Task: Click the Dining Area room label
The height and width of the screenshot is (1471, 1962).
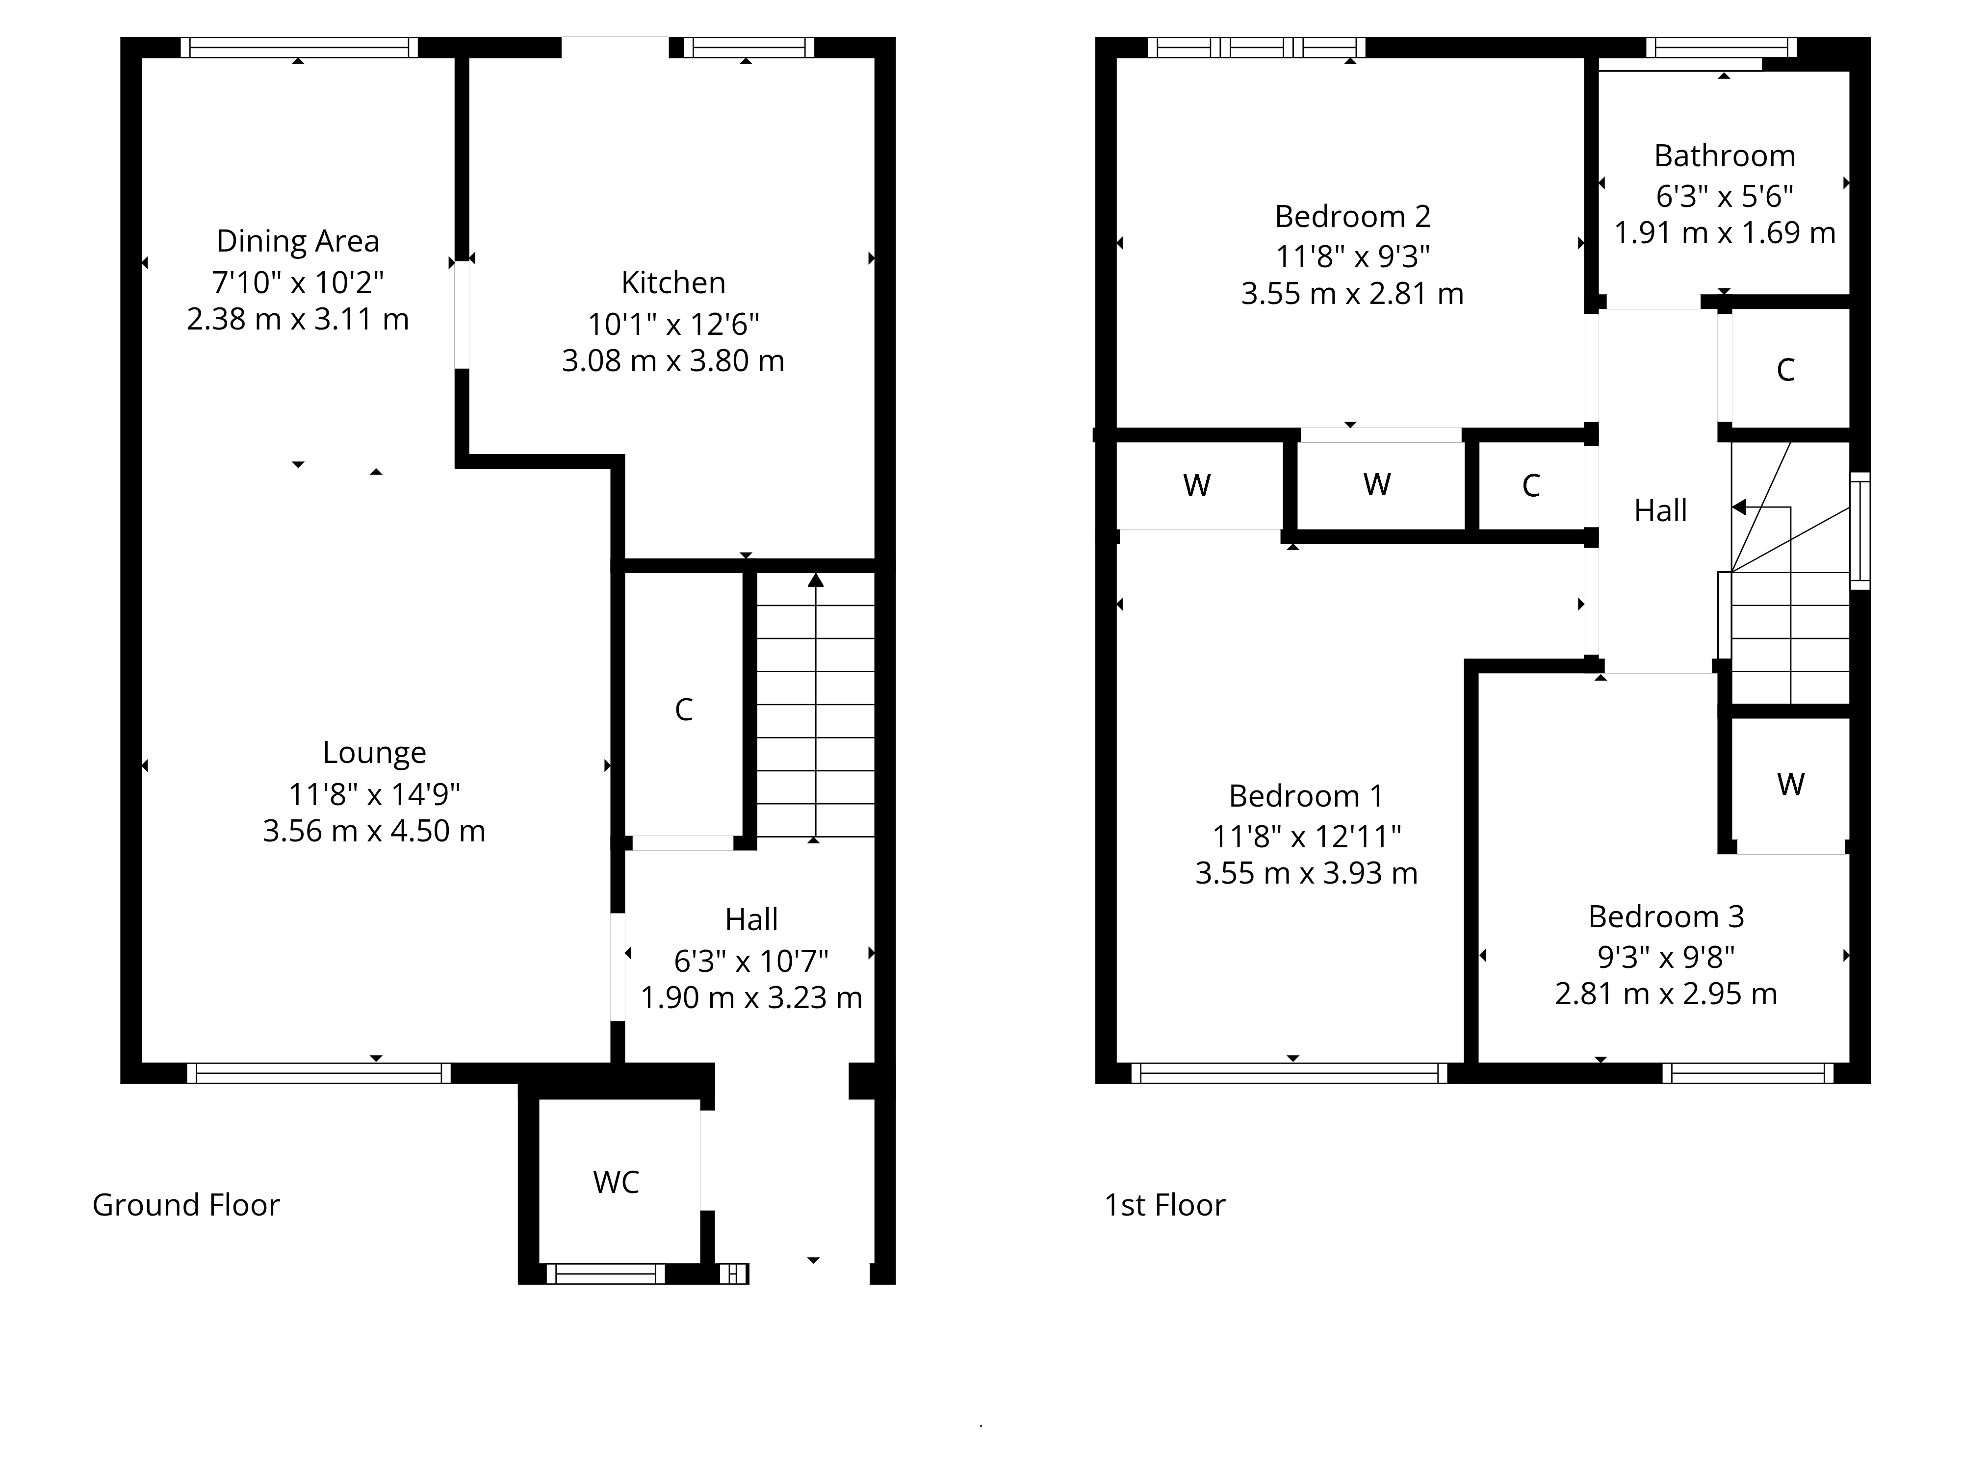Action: tap(298, 241)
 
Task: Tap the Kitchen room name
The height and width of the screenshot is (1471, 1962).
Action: tap(673, 283)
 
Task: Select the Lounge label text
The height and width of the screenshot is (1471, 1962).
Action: tap(374, 753)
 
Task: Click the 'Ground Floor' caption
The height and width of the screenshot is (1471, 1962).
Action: tap(186, 1205)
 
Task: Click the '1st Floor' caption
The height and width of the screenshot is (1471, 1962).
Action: tap(1164, 1205)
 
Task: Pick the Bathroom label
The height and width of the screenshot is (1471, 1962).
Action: tap(1724, 156)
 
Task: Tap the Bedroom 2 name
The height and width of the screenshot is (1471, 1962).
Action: tap(1353, 216)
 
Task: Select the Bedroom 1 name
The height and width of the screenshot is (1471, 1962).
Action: tap(1306, 796)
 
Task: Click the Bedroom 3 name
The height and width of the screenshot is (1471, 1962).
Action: tap(1666, 917)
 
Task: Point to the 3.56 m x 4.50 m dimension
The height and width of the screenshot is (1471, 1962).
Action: tap(374, 831)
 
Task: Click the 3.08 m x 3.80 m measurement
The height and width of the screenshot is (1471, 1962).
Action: tap(673, 361)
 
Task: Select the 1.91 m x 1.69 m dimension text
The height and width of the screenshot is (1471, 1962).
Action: tap(1724, 233)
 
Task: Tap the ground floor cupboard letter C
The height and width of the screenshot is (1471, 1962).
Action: tap(683, 710)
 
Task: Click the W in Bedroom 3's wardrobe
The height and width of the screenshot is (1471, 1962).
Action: tap(1791, 785)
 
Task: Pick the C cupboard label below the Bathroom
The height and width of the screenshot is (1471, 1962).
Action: tap(1785, 370)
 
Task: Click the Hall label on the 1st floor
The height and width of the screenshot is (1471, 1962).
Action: tap(1660, 511)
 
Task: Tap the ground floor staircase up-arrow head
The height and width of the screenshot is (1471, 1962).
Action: tap(815, 580)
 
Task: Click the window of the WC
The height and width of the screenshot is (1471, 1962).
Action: tap(606, 1274)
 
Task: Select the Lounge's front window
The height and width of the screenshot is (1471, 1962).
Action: tap(318, 1073)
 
